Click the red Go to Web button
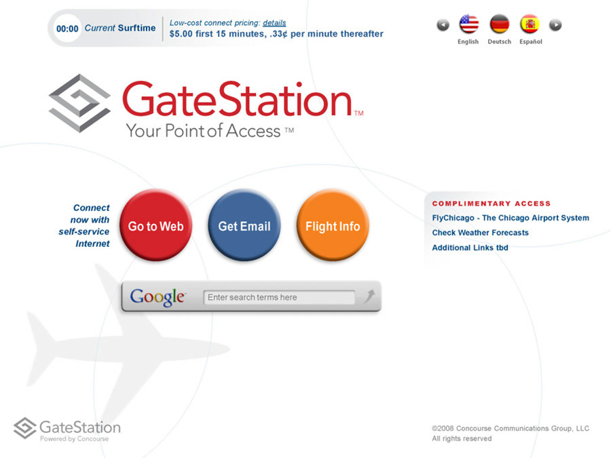[x=156, y=225]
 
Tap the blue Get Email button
[x=244, y=225]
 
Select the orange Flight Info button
[x=333, y=225]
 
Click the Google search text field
[x=279, y=298]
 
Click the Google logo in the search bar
[x=158, y=298]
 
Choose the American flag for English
[x=468, y=24]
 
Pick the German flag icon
[x=499, y=24]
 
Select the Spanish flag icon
[x=530, y=24]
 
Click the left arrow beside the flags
[x=443, y=25]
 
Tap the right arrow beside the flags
[x=555, y=25]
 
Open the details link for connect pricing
[x=274, y=23]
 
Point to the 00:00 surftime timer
[x=67, y=28]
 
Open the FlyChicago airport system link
[x=511, y=218]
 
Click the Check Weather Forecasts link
[x=480, y=233]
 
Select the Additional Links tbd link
[x=470, y=248]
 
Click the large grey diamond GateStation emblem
[x=79, y=103]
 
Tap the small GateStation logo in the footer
[x=67, y=430]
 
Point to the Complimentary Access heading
[x=492, y=204]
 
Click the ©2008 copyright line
[x=511, y=428]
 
